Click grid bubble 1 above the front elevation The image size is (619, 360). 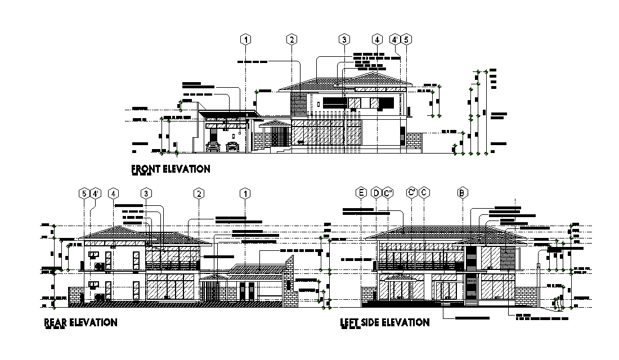coord(245,39)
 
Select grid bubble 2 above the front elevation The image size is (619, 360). coord(291,39)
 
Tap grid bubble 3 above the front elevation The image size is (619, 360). coord(343,39)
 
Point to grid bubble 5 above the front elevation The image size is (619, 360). coord(407,39)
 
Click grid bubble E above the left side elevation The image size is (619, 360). coord(361,193)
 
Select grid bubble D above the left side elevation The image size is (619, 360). coord(376,193)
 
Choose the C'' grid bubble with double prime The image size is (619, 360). coord(387,193)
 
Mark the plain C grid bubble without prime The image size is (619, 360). coord(424,193)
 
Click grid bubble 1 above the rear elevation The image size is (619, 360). coord(245,193)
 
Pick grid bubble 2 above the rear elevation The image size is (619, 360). coord(199,193)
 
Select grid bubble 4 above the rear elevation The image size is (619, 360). coord(114,193)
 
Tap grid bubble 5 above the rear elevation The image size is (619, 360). coord(84,193)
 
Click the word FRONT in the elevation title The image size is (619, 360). coord(147,168)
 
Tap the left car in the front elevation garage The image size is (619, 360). coord(213,147)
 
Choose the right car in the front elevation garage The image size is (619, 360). coord(232,147)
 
